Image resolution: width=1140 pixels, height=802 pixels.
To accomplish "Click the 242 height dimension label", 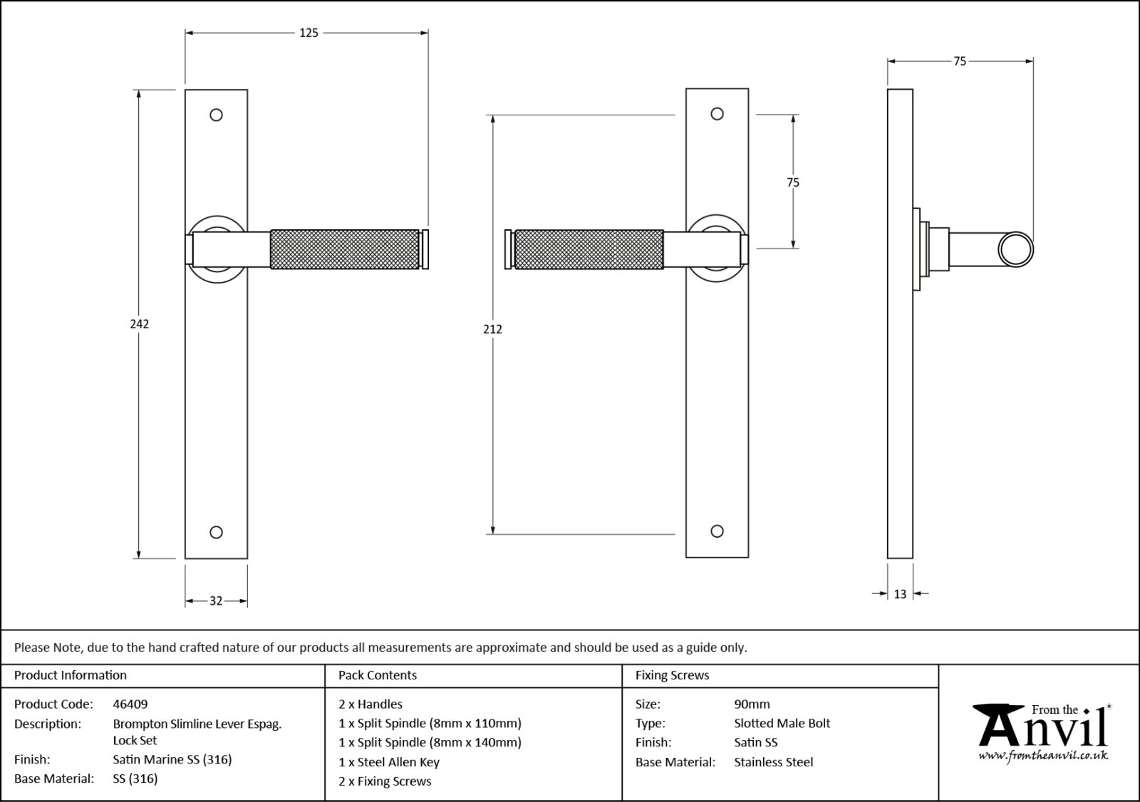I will (140, 324).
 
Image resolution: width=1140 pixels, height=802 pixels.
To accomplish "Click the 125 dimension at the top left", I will (309, 33).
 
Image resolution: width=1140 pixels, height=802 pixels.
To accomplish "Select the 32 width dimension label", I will (216, 601).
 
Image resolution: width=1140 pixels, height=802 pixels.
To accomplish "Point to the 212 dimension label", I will (492, 329).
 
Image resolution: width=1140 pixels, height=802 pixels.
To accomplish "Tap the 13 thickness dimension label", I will (900, 594).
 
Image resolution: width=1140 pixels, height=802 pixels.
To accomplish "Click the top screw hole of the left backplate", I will (217, 115).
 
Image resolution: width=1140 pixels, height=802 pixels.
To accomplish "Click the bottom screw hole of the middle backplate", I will (717, 531).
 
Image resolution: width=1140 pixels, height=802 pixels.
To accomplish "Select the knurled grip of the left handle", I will (344, 249).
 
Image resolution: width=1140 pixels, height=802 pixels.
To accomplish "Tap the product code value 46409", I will (130, 704).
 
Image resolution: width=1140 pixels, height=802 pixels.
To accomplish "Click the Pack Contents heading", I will (378, 675).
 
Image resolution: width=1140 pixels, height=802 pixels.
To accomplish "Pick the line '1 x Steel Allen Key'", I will (389, 762).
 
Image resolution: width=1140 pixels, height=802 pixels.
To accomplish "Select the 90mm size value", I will (752, 704).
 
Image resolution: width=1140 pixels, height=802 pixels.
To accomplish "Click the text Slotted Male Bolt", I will (782, 723).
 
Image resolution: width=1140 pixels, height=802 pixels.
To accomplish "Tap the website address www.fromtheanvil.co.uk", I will (1043, 755).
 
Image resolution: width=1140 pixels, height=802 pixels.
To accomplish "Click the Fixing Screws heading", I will (672, 675).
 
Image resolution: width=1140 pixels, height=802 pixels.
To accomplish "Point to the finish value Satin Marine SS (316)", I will (172, 759).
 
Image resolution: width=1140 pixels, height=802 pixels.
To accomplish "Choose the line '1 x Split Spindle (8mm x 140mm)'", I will (430, 742).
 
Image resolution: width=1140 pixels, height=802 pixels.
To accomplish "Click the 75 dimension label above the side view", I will (960, 62).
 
